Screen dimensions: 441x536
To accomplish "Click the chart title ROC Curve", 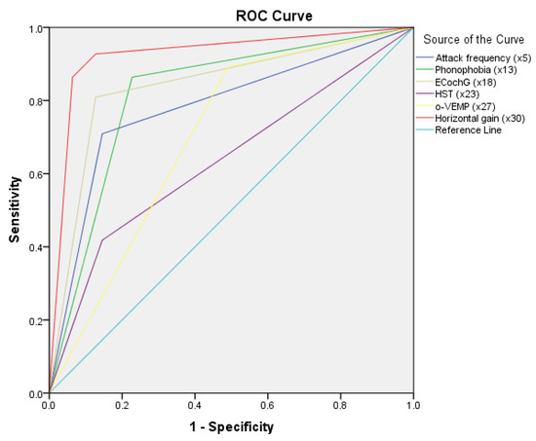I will click(231, 15).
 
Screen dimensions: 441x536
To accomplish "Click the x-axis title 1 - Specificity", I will click(231, 426).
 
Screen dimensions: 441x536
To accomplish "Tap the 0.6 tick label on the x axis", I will click(267, 404).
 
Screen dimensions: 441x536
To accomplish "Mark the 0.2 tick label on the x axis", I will click(122, 404).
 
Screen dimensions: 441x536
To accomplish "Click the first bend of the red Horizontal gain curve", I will click(72, 77).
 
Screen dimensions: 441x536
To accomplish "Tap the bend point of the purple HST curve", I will click(101, 240).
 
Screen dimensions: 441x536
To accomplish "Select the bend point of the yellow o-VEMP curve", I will click(226, 69).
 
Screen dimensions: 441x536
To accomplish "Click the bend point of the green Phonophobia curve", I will click(132, 77).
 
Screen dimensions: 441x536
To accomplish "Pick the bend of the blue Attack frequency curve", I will click(101, 133).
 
